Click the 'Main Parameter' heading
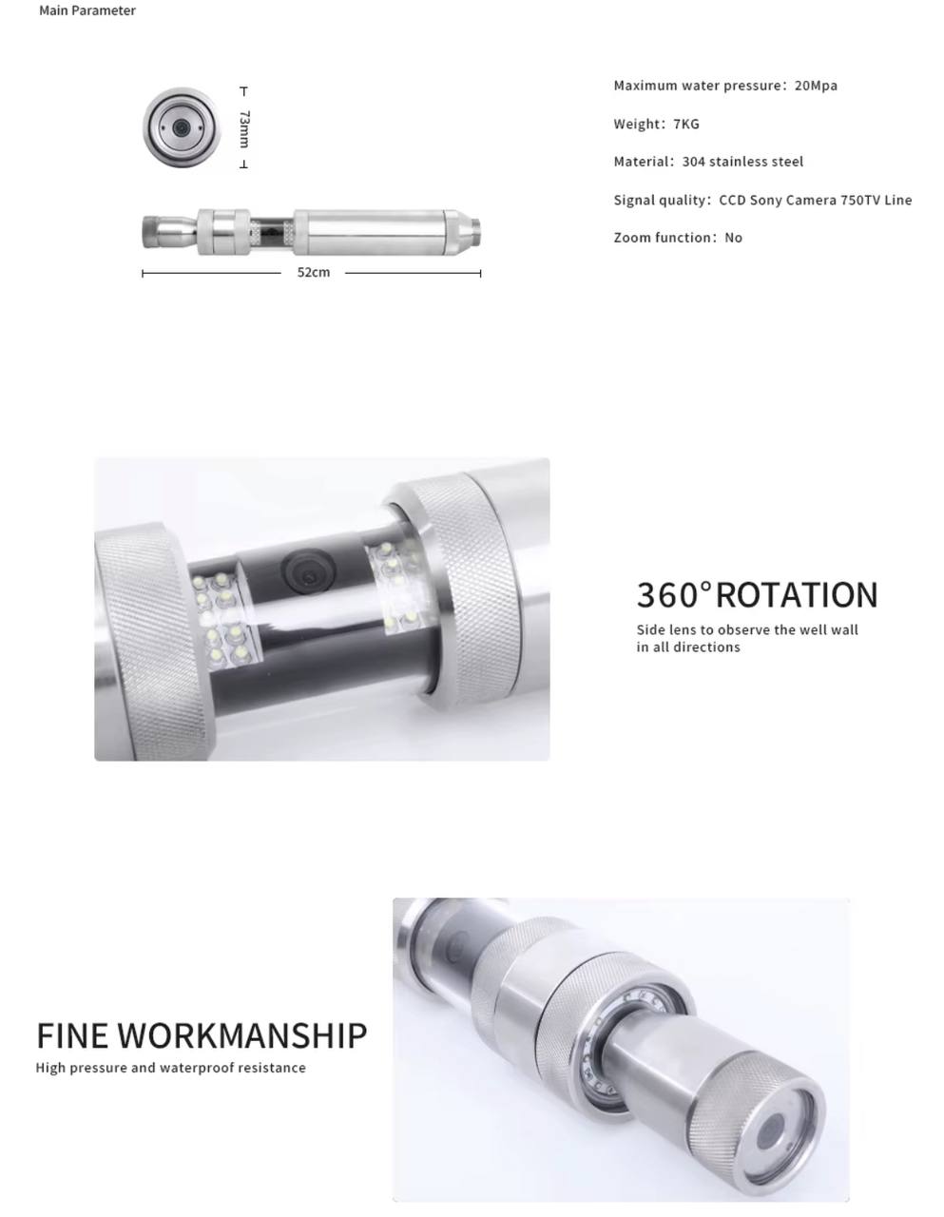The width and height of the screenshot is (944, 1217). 87,10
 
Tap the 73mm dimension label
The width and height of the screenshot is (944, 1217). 244,128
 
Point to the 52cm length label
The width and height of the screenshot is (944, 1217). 314,272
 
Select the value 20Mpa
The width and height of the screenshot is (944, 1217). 816,86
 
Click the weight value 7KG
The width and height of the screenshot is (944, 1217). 686,124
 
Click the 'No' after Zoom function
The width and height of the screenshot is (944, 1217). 734,238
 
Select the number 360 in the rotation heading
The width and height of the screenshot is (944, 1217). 668,595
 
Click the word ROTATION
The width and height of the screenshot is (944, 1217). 797,595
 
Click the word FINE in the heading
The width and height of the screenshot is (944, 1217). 72,1035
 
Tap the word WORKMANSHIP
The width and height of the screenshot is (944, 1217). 242,1035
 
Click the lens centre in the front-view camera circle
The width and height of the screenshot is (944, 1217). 181,127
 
